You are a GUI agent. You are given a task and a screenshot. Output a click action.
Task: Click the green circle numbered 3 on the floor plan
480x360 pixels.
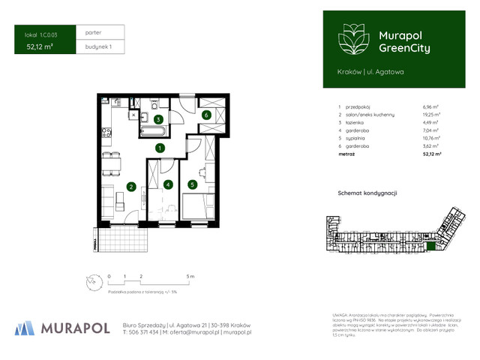coord(158,119)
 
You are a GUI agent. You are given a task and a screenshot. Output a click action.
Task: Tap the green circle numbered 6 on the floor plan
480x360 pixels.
coord(205,115)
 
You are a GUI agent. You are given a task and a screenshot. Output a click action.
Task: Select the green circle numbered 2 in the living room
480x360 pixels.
coord(130,187)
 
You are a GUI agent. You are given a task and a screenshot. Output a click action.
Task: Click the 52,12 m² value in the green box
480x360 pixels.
coord(40,46)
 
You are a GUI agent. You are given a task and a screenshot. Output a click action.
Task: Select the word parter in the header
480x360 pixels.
coord(94,33)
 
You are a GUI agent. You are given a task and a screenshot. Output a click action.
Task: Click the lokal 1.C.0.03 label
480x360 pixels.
coord(41,34)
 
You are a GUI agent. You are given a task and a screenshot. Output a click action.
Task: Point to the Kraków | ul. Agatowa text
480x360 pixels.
coord(370,71)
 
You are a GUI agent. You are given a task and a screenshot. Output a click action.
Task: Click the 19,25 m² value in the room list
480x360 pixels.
coord(431,115)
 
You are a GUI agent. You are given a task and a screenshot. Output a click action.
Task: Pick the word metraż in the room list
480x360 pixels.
coord(347,154)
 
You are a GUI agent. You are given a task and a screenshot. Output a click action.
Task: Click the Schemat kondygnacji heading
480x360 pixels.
coord(367,193)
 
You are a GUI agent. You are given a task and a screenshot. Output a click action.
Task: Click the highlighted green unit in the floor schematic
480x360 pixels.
coord(430,246)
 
